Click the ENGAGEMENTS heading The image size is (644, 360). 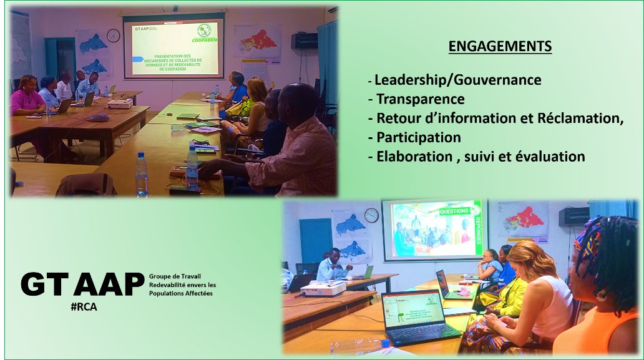click(500, 47)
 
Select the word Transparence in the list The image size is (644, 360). click(420, 99)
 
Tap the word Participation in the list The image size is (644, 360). click(419, 137)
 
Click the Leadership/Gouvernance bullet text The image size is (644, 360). click(457, 80)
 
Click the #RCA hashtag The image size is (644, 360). click(84, 307)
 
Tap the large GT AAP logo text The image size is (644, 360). click(82, 285)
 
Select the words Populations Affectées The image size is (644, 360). click(181, 293)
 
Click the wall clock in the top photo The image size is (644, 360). click(113, 36)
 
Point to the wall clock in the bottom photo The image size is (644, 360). click(371, 215)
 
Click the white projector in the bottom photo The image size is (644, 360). click(323, 288)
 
